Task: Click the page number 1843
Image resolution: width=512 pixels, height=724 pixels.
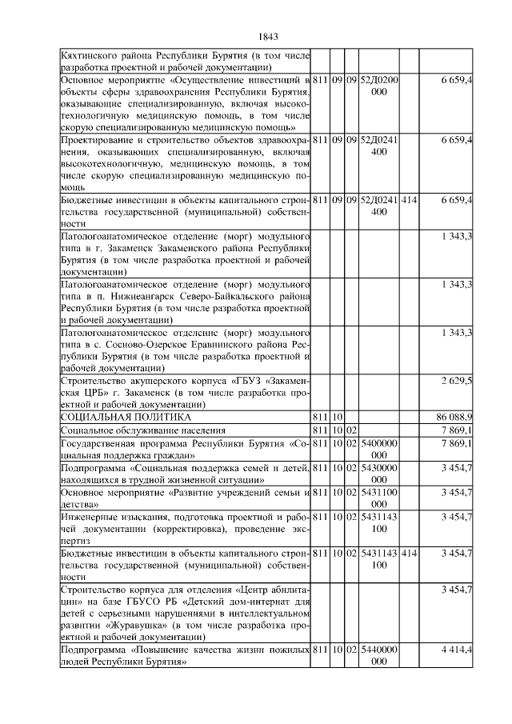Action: [270, 37]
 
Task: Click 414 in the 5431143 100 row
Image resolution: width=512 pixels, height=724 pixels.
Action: [409, 553]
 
